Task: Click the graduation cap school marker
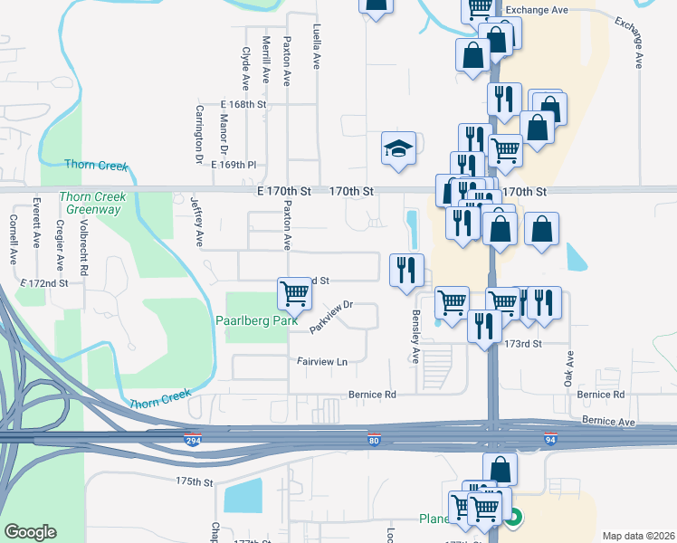(398, 148)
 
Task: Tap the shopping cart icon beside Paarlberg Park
(294, 292)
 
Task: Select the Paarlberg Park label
(251, 319)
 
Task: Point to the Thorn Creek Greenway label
(90, 203)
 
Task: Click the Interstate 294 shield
(193, 441)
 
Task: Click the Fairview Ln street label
(322, 361)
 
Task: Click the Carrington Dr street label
(198, 134)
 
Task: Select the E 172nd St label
(45, 283)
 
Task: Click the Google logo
(30, 532)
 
